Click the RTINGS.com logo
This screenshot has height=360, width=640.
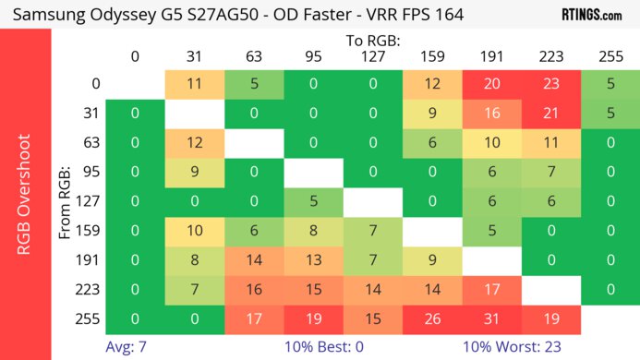point(591,16)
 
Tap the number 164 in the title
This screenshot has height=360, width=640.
point(445,16)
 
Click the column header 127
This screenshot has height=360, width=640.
point(373,57)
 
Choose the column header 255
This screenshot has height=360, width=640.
point(610,57)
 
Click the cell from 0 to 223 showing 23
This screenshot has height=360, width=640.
point(551,84)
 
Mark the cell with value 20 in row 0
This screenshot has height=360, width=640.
point(492,84)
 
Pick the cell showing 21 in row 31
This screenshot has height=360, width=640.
point(551,114)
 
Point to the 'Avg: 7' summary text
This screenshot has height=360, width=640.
point(127,349)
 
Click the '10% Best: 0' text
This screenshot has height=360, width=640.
point(333,349)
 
